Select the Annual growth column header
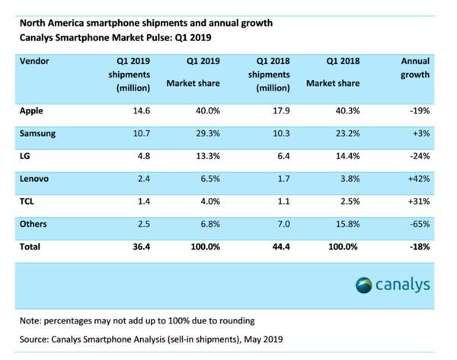pyautogui.click(x=415, y=68)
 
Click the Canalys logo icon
pyautogui.click(x=364, y=285)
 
